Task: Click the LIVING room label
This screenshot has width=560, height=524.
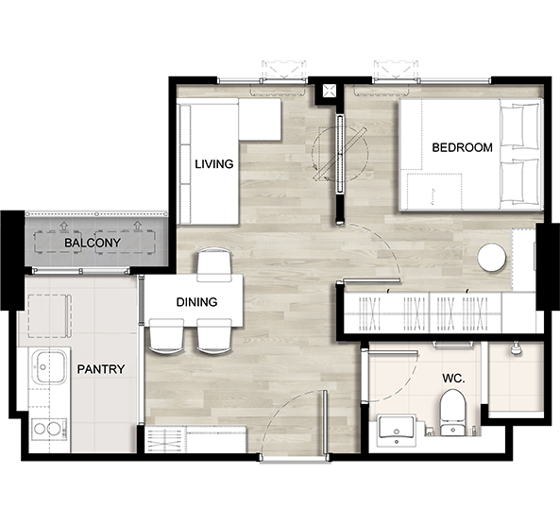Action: pyautogui.click(x=214, y=164)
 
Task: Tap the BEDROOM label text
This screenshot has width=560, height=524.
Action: pyautogui.click(x=462, y=147)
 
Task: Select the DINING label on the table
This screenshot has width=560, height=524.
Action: pyautogui.click(x=196, y=302)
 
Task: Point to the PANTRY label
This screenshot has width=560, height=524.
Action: pyautogui.click(x=101, y=369)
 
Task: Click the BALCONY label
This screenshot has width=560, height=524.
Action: pyautogui.click(x=93, y=243)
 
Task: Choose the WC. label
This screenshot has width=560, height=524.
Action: pyautogui.click(x=453, y=379)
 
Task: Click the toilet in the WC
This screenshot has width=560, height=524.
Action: pyautogui.click(x=453, y=413)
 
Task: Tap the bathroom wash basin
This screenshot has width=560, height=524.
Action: pyautogui.click(x=396, y=430)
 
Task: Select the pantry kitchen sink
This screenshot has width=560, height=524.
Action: pyautogui.click(x=50, y=366)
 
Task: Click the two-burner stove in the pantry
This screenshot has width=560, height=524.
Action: pyautogui.click(x=49, y=429)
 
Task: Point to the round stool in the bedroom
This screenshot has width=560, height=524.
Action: pyautogui.click(x=492, y=258)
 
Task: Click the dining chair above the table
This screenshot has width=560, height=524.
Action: pyautogui.click(x=214, y=264)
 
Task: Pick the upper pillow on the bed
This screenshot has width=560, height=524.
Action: pyautogui.click(x=519, y=126)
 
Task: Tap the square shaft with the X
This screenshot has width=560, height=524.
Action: pyautogui.click(x=329, y=91)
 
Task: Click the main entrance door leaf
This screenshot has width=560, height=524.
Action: pyautogui.click(x=325, y=423)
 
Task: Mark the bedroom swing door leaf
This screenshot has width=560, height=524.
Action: pyautogui.click(x=371, y=280)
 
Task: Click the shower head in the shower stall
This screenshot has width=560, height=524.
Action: pyautogui.click(x=515, y=348)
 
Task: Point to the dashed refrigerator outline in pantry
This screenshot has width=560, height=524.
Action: pyautogui.click(x=50, y=316)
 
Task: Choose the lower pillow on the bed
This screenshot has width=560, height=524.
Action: pyautogui.click(x=519, y=181)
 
